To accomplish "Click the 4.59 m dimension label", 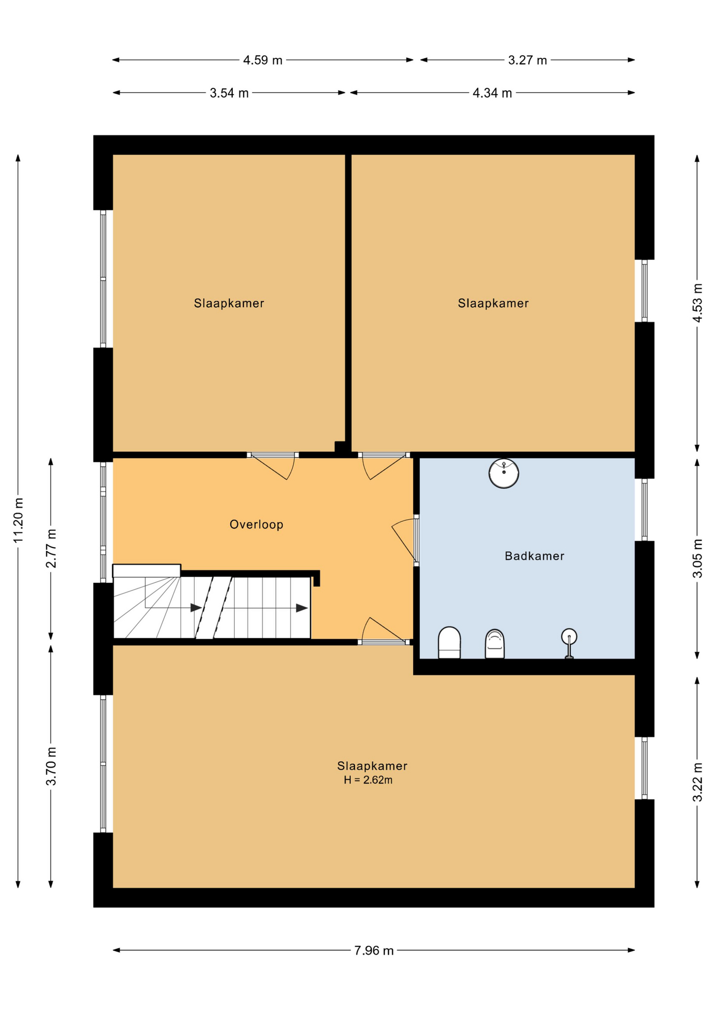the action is point(263,60).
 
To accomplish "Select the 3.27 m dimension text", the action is point(528,60).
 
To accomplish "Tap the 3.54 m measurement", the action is point(229,94).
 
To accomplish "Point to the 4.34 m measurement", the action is point(492,94).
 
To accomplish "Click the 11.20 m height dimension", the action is point(18,520).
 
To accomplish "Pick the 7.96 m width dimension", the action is point(374,951).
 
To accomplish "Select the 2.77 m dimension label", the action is point(51,549).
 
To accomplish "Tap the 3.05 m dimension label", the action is point(697,558).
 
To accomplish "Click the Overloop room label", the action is point(256,524).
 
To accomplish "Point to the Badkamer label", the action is point(534,556).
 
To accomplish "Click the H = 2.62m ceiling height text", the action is point(368,780).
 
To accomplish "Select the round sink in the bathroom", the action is point(504,473).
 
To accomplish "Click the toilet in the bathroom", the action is point(449,642).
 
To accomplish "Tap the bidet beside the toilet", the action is point(494,644).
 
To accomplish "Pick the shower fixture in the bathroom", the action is point(569,643).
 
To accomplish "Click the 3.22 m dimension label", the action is point(697,782).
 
